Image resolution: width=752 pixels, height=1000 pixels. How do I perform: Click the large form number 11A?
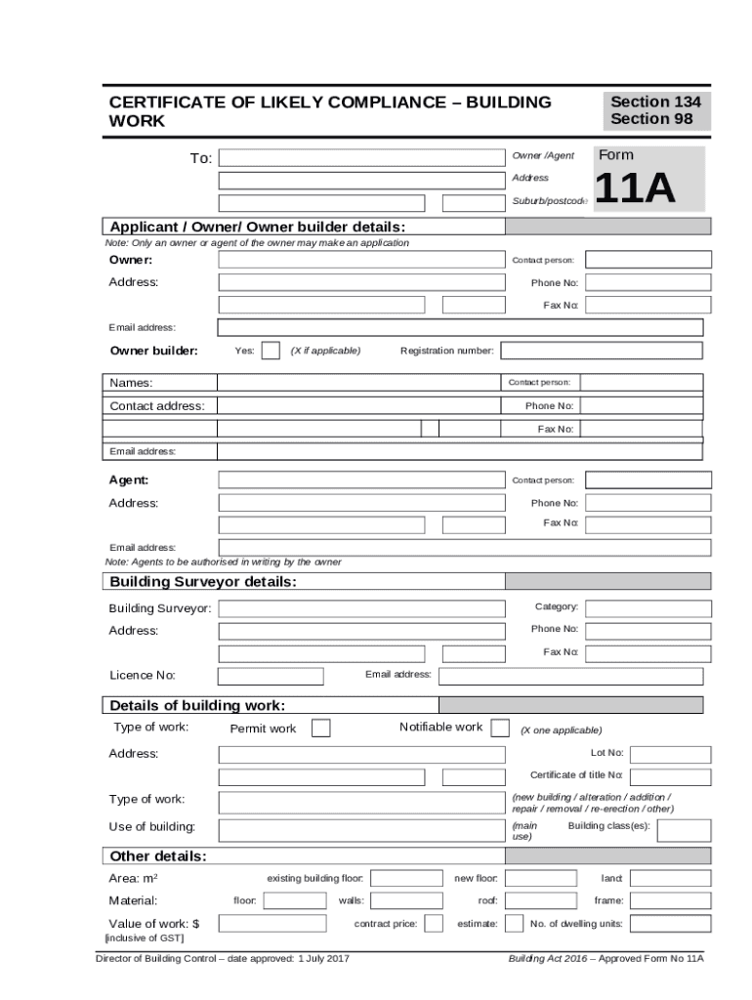point(634,188)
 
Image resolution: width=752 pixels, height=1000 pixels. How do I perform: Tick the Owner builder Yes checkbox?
point(271,351)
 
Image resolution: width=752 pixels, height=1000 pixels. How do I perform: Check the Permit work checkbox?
point(320,728)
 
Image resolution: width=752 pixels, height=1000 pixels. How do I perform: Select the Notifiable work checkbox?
point(499,728)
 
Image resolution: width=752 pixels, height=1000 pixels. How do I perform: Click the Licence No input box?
point(271,676)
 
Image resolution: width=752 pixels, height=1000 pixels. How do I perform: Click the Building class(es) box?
point(684,830)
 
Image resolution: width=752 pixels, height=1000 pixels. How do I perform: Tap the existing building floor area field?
point(406,879)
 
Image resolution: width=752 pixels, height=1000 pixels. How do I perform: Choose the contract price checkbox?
point(434,923)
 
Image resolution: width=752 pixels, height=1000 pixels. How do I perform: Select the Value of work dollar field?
point(272,923)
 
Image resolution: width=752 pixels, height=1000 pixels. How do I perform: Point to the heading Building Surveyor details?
point(203,583)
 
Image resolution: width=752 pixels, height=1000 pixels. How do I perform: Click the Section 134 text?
point(655,102)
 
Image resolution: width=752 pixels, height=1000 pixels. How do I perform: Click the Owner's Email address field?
point(459,327)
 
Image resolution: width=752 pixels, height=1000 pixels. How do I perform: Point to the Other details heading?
point(158,856)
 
